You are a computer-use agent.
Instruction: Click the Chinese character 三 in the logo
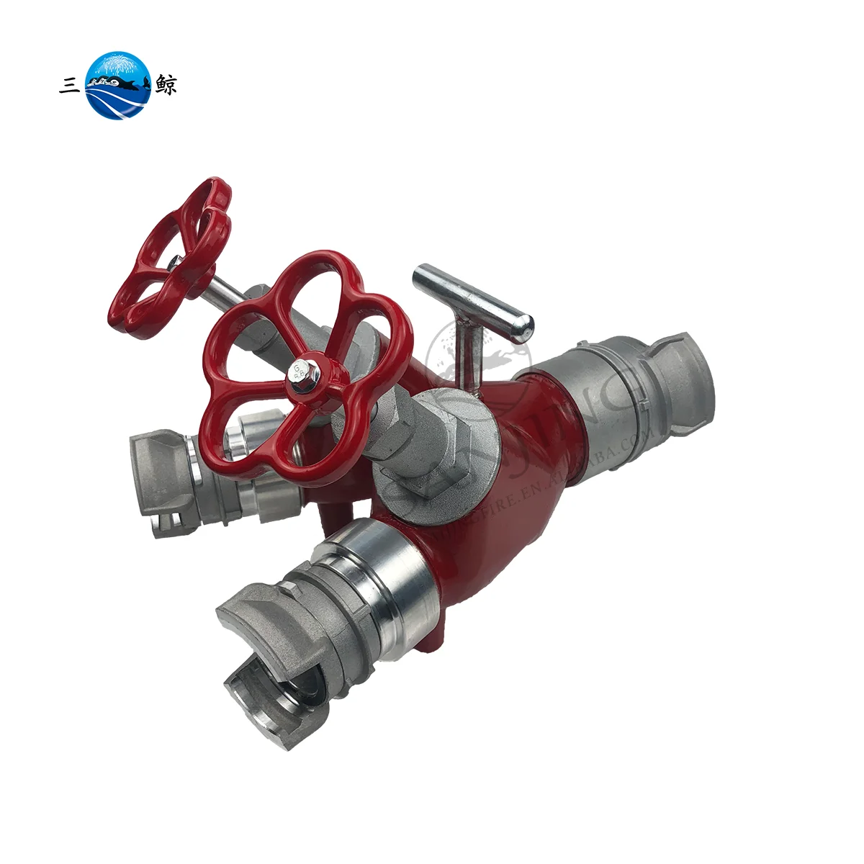[69, 86]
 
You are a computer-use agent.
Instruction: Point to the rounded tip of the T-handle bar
[526, 326]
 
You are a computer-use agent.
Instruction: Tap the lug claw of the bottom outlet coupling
[263, 688]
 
